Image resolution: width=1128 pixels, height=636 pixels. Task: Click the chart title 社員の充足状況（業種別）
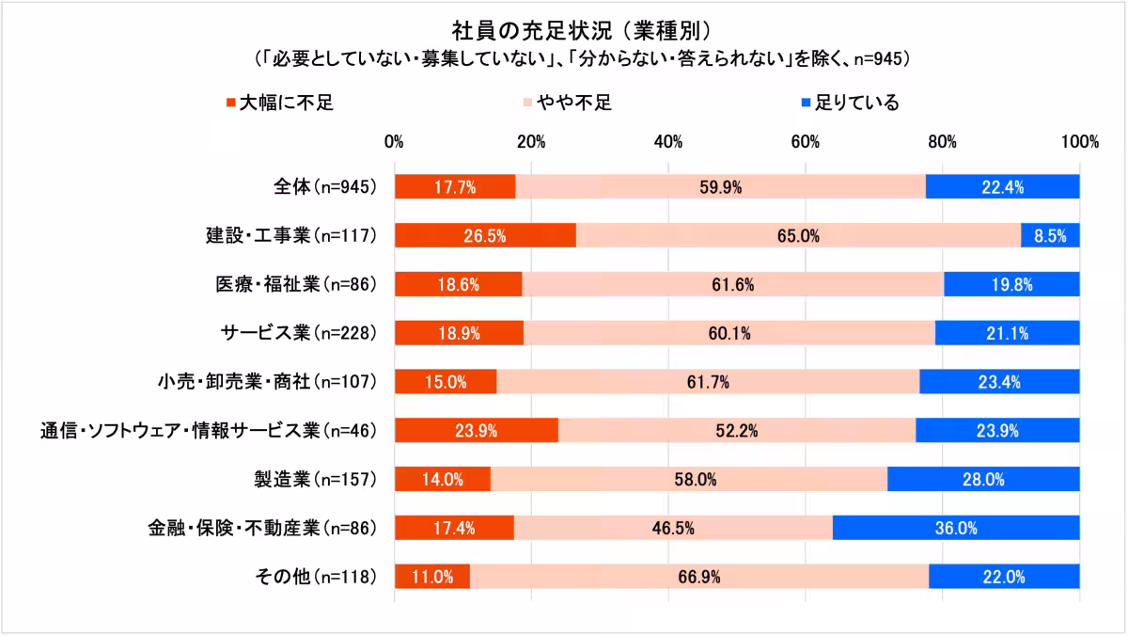click(564, 25)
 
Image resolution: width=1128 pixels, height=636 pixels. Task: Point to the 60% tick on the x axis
click(806, 142)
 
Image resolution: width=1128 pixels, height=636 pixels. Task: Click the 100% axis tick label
click(1079, 142)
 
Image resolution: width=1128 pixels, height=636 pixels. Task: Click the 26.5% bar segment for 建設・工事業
click(485, 235)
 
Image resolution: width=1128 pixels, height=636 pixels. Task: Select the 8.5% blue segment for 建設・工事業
click(1050, 235)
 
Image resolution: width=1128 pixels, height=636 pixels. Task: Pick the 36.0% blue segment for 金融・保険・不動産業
click(956, 528)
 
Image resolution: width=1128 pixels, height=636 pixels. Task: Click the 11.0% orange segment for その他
click(432, 577)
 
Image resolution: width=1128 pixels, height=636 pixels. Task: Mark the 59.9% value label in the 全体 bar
click(721, 186)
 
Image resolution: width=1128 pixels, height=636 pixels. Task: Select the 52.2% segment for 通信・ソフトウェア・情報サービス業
click(737, 430)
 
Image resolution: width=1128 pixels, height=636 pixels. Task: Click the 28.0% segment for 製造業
click(983, 479)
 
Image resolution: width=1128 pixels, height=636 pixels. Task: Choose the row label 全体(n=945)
click(319, 186)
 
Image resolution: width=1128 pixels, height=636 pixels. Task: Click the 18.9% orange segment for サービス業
click(459, 333)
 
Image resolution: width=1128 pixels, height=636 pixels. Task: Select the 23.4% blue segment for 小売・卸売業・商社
click(999, 382)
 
